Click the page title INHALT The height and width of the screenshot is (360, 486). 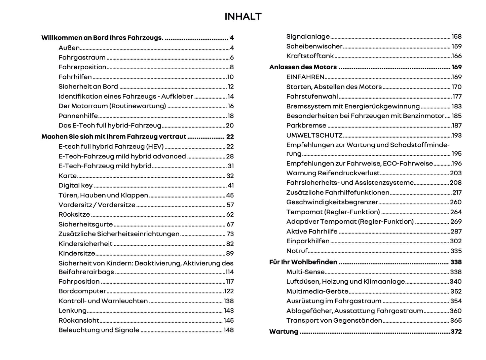click(x=243, y=16)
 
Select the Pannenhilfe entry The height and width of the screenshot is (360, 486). click(x=78, y=116)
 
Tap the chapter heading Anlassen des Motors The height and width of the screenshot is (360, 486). click(x=303, y=67)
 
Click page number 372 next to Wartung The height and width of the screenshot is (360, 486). click(x=456, y=331)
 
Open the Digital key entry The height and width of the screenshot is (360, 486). click(x=75, y=185)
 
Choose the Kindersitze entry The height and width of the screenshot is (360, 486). click(x=77, y=253)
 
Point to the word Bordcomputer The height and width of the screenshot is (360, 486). click(x=82, y=291)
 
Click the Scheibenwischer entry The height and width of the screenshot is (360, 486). click(x=314, y=46)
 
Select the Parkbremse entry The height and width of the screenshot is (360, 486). click(x=306, y=125)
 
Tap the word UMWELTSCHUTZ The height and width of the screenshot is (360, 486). click(x=314, y=135)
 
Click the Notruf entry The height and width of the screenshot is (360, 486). click(x=297, y=251)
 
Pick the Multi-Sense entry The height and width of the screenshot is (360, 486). click(x=305, y=272)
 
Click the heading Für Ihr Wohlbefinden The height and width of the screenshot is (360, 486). click(x=303, y=262)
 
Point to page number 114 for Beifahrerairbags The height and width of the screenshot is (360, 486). click(x=229, y=272)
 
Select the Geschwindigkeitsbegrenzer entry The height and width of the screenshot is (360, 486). click(x=332, y=202)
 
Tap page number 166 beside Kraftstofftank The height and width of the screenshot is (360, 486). click(x=456, y=56)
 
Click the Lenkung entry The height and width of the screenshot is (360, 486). click(x=72, y=311)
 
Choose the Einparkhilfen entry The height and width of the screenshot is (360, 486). click(x=308, y=241)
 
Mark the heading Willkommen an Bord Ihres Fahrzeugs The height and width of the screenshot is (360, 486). click(x=102, y=38)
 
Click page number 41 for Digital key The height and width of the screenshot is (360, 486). click(x=230, y=185)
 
